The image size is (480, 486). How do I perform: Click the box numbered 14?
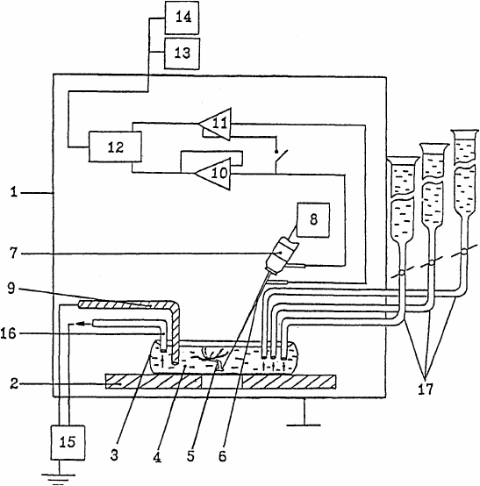[x=182, y=18]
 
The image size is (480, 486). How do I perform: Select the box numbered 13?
[x=182, y=54]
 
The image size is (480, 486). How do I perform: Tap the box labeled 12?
[x=115, y=147]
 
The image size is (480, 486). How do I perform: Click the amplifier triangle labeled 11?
[x=216, y=124]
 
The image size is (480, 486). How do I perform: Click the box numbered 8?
[x=313, y=220]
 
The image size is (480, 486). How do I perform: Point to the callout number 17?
[x=426, y=389]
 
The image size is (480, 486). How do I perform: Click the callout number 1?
[x=13, y=192]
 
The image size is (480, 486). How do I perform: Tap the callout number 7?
[x=12, y=254]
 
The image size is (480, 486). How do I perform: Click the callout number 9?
[x=11, y=289]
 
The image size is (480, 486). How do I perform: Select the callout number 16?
[x=8, y=334]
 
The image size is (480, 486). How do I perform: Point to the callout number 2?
[x=14, y=384]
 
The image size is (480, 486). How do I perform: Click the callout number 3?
[x=114, y=455]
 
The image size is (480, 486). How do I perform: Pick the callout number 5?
[x=190, y=456]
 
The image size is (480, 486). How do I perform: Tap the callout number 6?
[x=223, y=456]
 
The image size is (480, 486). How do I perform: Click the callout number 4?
[x=158, y=457]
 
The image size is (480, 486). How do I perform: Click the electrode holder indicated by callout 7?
[x=283, y=255]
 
